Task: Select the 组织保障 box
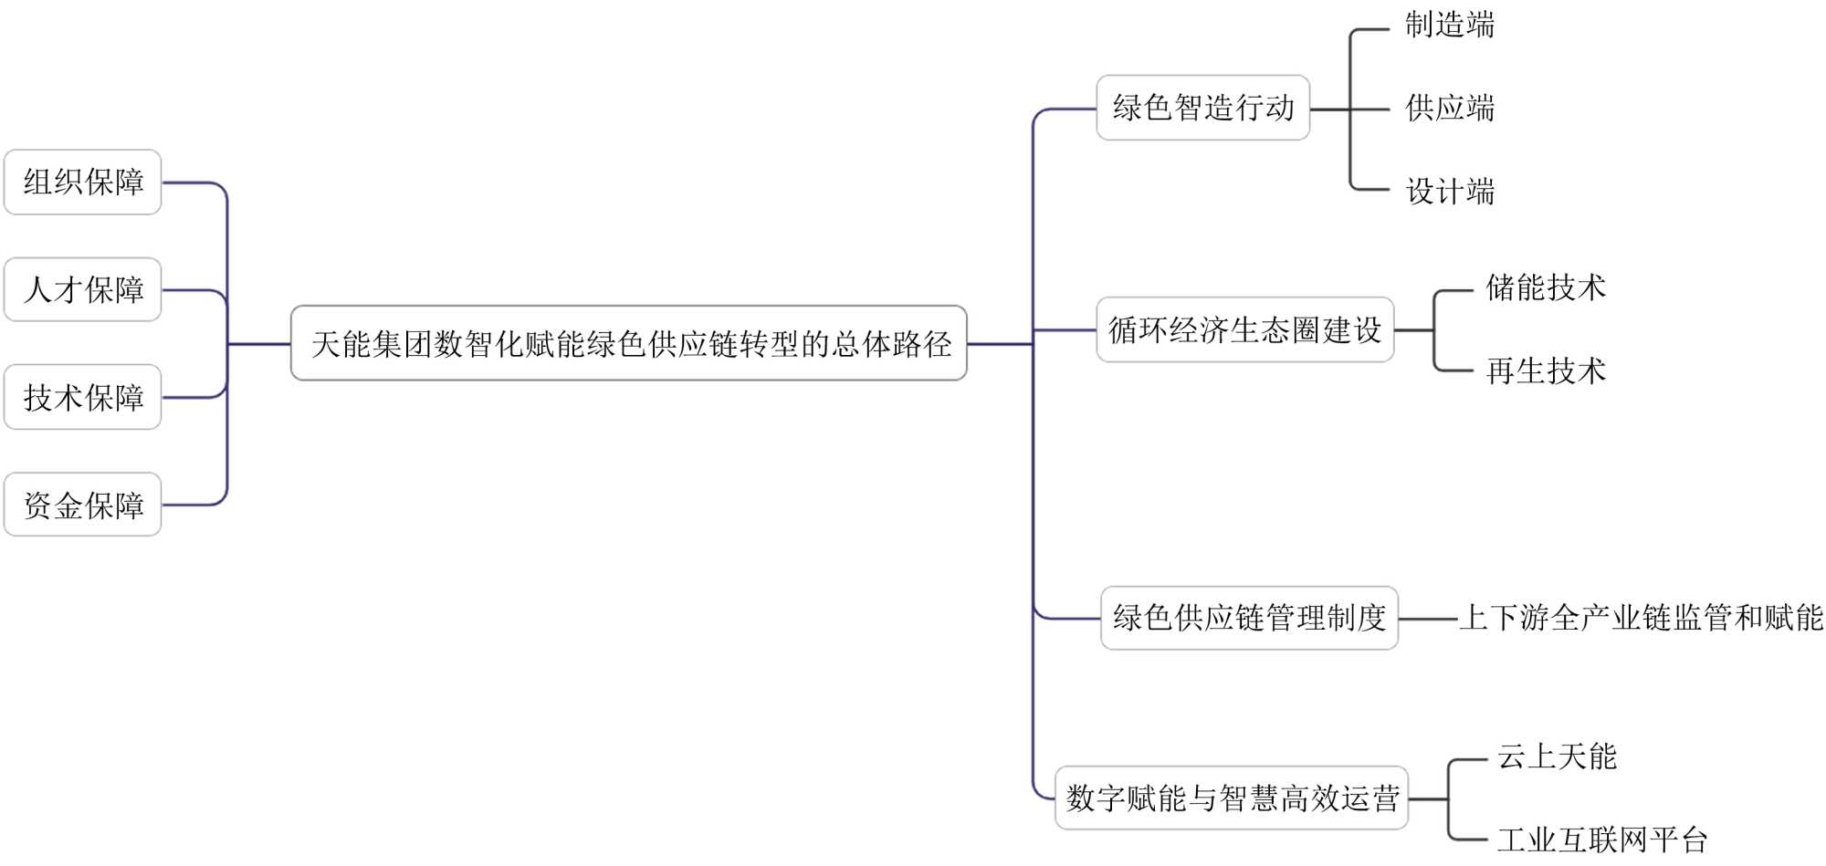pyautogui.click(x=83, y=183)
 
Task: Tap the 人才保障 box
pyautogui.click(x=83, y=290)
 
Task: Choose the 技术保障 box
pyautogui.click(x=83, y=397)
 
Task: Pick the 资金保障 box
pyautogui.click(x=83, y=505)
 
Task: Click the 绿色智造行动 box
pyautogui.click(x=1202, y=108)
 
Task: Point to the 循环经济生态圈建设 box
pyautogui.click(x=1244, y=329)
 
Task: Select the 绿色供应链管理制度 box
pyautogui.click(x=1249, y=618)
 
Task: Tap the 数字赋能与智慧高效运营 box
pyautogui.click(x=1232, y=798)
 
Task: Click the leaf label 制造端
pyautogui.click(x=1450, y=25)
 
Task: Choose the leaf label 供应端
pyautogui.click(x=1450, y=108)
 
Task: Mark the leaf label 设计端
pyautogui.click(x=1450, y=192)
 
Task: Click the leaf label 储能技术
pyautogui.click(x=1545, y=287)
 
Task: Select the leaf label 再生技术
pyautogui.click(x=1545, y=370)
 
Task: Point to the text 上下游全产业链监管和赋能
pyautogui.click(x=1641, y=618)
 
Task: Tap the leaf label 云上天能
pyautogui.click(x=1557, y=756)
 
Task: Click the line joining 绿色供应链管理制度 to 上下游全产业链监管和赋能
pyautogui.click(x=1428, y=619)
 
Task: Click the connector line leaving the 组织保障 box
pyautogui.click(x=192, y=183)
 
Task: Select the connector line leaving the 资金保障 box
pyautogui.click(x=192, y=505)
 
